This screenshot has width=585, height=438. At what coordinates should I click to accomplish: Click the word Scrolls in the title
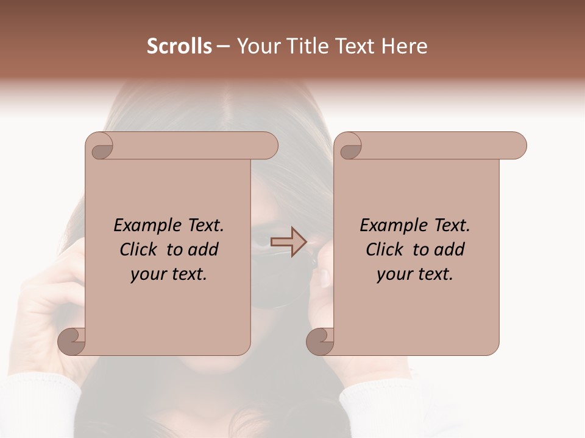click(x=180, y=46)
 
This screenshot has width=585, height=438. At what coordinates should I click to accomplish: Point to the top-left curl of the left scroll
click(x=99, y=147)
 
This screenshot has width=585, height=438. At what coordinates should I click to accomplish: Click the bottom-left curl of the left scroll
click(x=71, y=341)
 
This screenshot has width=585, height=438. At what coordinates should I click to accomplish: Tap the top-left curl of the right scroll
click(x=349, y=147)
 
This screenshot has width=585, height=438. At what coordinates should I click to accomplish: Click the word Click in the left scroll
click(x=140, y=249)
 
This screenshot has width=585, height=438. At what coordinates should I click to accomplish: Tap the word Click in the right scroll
click(x=386, y=249)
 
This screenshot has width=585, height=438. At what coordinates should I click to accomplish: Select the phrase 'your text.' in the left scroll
click(x=169, y=274)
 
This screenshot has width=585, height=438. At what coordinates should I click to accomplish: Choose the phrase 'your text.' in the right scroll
click(x=415, y=274)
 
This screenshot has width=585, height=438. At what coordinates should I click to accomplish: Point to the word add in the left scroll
click(x=203, y=249)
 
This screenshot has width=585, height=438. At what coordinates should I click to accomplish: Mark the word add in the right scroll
click(x=449, y=249)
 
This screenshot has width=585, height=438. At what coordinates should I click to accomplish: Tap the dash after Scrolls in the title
click(x=224, y=46)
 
